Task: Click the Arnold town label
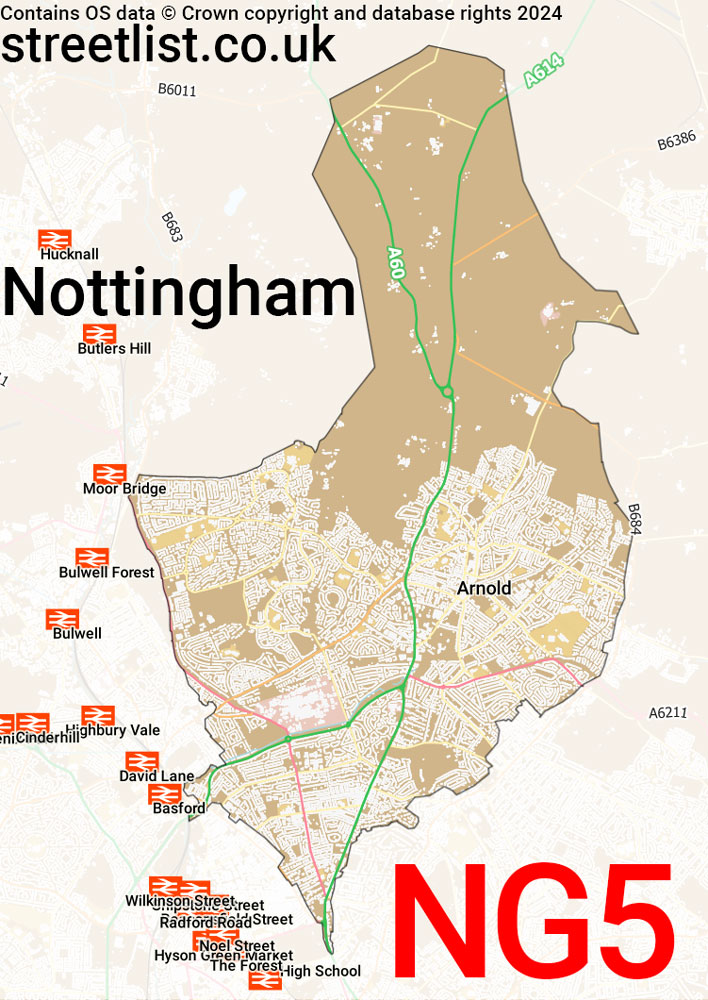point(484,588)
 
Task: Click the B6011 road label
point(177,90)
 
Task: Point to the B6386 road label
point(676,143)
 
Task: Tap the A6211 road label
point(668,713)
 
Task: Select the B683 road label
point(172,228)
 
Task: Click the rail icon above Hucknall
point(55,239)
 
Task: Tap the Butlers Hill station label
point(114,349)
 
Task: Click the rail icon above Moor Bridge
point(109,474)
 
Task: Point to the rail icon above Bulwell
point(62,619)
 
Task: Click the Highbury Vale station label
point(112,731)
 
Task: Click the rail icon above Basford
point(166,794)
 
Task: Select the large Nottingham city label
point(180,294)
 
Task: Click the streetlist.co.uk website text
point(168,45)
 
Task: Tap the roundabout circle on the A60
point(447,392)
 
